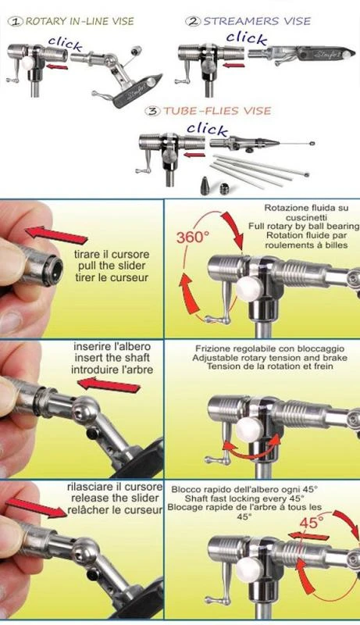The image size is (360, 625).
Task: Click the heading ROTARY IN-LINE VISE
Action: pos(80,21)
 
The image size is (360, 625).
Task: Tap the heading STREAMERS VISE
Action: pos(257,21)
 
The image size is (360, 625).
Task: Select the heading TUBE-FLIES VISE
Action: pos(217,110)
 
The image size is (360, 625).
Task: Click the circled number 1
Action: pos(16,22)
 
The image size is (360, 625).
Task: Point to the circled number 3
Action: pos(153,111)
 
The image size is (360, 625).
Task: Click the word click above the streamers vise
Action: pos(247,37)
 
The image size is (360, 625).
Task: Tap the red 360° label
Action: pos(193,237)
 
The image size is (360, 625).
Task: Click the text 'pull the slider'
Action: pos(112,266)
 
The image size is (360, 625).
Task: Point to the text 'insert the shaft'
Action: pos(112,358)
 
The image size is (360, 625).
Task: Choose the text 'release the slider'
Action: pos(115,498)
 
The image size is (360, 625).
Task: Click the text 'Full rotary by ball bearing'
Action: pos(304,226)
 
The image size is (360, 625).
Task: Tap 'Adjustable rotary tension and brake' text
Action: pos(269,358)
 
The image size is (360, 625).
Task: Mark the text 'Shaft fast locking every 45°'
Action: pos(244,498)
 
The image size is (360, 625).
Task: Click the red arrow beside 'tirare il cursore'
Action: pos(55,235)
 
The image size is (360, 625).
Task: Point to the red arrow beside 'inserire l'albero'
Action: pos(109,385)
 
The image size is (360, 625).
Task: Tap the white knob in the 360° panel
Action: pos(248,288)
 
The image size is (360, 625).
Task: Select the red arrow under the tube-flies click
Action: pos(196,155)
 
